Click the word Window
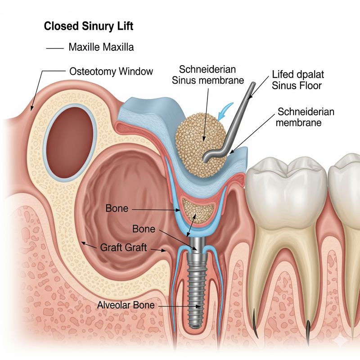tap(137, 71)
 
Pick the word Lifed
tap(283, 75)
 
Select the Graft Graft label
tap(124, 247)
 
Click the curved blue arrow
tap(227, 110)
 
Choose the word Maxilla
tap(118, 47)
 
